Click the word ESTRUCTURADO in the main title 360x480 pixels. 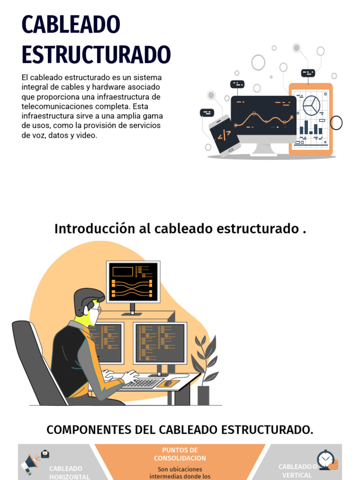96,54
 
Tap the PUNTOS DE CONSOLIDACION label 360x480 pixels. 180,454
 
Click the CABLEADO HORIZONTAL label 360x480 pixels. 69,472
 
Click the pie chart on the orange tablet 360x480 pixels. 311,105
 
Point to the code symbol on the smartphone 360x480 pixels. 224,135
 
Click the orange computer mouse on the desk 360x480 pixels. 167,383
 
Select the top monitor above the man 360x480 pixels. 133,282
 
